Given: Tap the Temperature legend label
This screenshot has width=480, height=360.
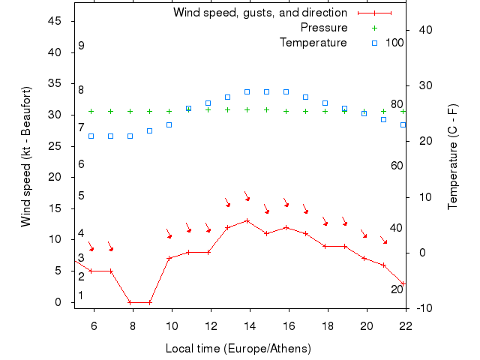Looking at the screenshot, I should click(313, 42).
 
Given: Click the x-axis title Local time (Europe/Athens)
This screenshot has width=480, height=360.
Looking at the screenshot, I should click(238, 349).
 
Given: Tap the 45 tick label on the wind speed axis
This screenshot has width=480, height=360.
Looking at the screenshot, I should click(55, 21).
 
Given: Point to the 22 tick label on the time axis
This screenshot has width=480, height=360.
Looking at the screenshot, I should click(406, 325).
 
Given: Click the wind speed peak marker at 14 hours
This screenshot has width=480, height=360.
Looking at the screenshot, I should click(247, 220).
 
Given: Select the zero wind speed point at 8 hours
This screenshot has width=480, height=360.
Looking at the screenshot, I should click(130, 302).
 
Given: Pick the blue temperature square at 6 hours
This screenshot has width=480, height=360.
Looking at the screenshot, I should click(91, 136).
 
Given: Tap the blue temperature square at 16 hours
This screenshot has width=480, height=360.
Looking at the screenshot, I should click(286, 91).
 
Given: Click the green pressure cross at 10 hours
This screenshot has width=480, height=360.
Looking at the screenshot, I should click(169, 111).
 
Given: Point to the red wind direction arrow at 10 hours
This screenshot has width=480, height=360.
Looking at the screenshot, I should click(169, 234).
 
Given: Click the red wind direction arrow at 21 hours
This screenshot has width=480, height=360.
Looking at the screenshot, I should click(383, 240).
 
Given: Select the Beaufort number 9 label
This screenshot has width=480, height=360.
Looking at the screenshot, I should click(80, 46).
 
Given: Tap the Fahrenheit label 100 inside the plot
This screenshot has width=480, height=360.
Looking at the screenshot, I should click(394, 42).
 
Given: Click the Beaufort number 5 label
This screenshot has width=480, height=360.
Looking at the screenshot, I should click(80, 196).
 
